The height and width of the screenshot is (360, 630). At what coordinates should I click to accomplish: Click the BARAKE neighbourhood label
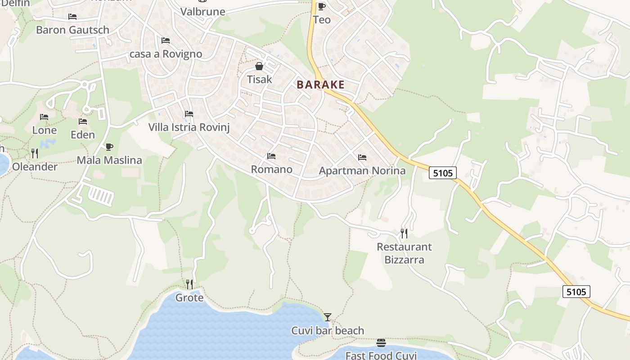coord(320,85)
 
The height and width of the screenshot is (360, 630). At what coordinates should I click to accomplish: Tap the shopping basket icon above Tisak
coord(259,67)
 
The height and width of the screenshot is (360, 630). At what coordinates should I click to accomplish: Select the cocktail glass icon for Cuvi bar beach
coord(328,317)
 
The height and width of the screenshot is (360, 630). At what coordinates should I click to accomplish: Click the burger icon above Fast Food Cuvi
coord(381,343)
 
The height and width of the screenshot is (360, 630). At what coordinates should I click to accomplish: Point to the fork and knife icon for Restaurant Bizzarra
coord(404,233)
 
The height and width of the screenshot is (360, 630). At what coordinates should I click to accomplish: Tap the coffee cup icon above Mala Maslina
coord(109,147)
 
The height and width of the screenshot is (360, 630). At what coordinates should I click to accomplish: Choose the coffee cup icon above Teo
coord(321,6)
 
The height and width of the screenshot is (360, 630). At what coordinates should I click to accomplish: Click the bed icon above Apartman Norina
coord(362,157)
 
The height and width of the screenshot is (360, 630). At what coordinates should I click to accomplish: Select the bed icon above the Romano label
coord(271,156)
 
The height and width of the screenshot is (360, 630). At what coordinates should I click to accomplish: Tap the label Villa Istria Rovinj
coord(189,127)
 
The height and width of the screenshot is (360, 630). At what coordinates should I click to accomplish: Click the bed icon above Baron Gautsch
coord(72,17)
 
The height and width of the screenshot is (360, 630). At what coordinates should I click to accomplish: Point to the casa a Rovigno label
coord(166,54)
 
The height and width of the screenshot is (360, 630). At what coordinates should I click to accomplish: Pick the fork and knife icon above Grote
coord(189,284)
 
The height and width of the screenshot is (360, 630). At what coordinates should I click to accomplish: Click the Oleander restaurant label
coord(35,166)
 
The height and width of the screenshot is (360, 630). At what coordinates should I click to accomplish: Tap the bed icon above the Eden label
coord(83,121)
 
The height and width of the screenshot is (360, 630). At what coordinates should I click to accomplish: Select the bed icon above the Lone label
coord(44,117)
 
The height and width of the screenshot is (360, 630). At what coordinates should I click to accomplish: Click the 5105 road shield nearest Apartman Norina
coord(443,173)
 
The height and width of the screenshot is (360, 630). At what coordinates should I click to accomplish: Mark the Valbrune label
coord(202,12)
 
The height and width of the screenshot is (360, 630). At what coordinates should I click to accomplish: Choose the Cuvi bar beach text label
coord(328,331)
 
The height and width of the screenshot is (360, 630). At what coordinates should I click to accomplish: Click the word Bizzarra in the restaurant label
coord(404,260)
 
